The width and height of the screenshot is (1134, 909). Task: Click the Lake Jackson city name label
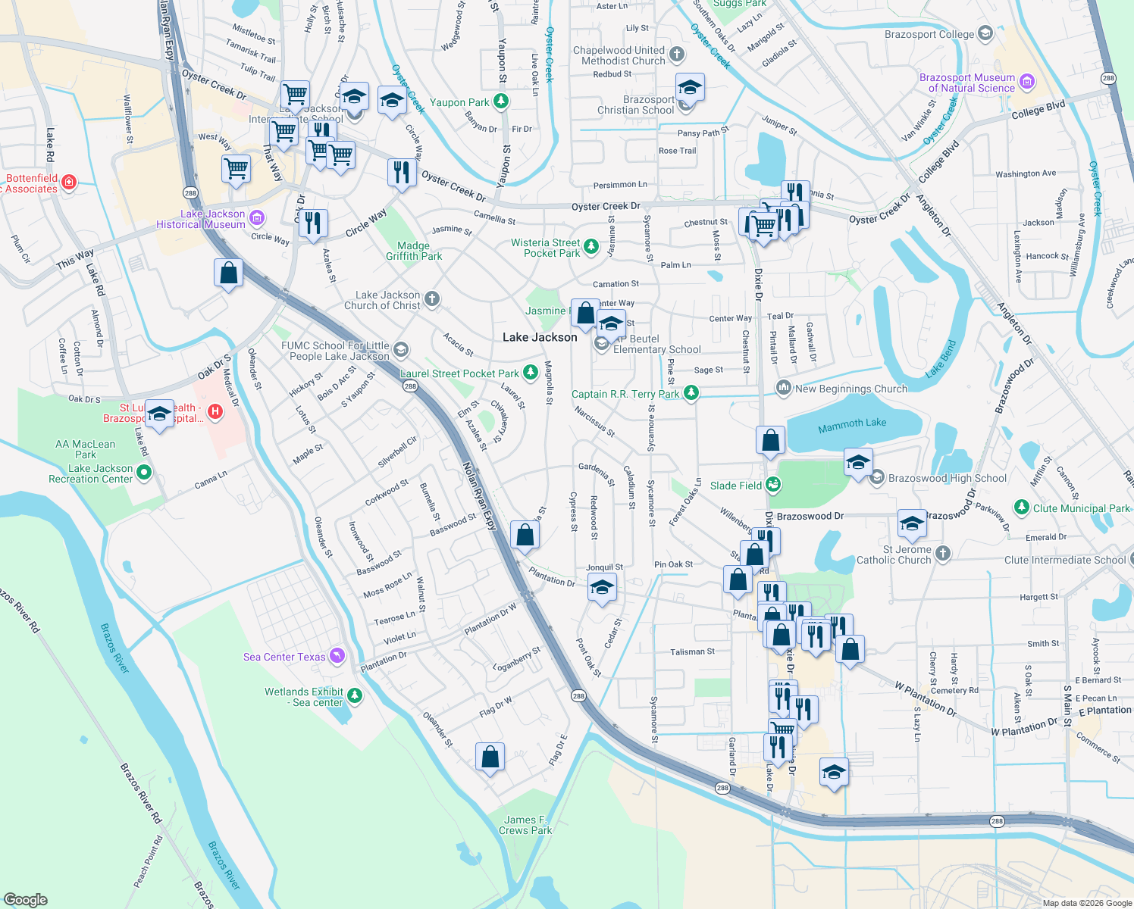click(540, 337)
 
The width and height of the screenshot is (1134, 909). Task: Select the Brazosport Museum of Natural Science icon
click(1027, 82)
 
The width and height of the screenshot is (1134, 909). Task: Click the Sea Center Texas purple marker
click(337, 656)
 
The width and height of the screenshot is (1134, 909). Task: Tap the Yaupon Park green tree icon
click(500, 102)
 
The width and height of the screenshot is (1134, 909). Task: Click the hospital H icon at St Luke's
click(215, 412)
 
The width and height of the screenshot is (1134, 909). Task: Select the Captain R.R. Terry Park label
click(625, 394)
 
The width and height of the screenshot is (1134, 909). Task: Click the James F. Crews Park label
click(525, 825)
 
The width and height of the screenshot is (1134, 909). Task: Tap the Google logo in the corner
click(25, 899)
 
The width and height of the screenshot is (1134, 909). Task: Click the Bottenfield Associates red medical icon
click(69, 182)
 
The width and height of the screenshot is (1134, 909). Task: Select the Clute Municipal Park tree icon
click(1022, 508)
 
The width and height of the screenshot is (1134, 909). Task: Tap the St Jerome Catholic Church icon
click(942, 554)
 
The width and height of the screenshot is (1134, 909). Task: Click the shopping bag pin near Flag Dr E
click(490, 757)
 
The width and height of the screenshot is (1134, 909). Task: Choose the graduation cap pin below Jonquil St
click(602, 587)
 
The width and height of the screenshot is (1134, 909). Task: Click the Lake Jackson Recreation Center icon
click(143, 473)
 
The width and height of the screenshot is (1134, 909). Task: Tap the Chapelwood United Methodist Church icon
click(677, 55)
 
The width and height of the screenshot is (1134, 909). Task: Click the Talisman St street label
click(692, 651)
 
